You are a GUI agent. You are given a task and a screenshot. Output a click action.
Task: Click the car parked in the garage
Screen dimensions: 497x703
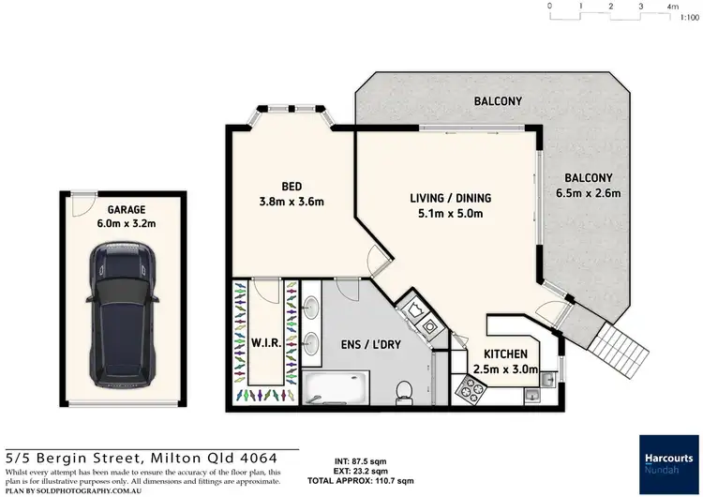tap(121, 313)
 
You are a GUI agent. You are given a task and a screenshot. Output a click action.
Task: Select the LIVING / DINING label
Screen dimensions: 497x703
tap(450, 198)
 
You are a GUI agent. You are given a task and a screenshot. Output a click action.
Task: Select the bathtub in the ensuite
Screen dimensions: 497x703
tap(336, 385)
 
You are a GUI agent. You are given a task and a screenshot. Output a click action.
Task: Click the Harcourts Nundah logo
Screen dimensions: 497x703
tap(666, 462)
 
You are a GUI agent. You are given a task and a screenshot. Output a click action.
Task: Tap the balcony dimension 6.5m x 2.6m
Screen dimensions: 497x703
tap(588, 194)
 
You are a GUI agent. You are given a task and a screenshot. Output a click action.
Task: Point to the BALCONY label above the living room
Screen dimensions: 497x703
tap(498, 100)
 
